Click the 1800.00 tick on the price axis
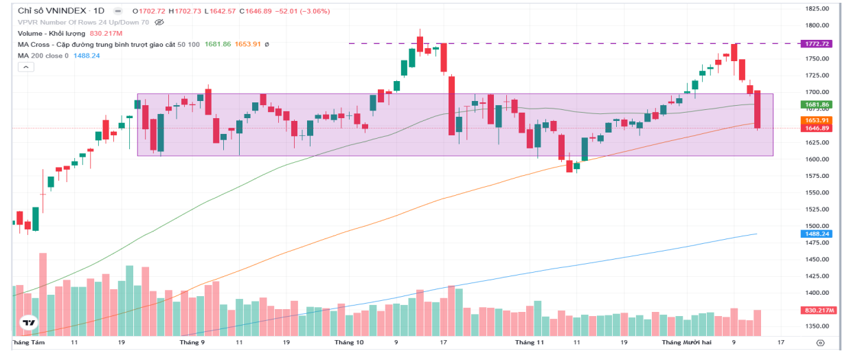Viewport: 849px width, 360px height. (x=817, y=25)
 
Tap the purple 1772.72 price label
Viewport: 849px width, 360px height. (x=816, y=43)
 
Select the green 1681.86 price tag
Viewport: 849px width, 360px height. (x=816, y=104)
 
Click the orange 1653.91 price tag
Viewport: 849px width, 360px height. (x=816, y=120)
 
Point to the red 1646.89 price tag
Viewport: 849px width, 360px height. (x=816, y=128)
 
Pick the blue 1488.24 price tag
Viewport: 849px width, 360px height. (x=816, y=234)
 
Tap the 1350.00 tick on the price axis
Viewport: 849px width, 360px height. (x=817, y=327)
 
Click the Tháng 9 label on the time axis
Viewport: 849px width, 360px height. (x=192, y=341)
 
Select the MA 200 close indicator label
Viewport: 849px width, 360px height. (x=43, y=56)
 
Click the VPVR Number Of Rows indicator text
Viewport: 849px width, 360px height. (x=83, y=22)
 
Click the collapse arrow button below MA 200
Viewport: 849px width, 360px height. (x=26, y=67)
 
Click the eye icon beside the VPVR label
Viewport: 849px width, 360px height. (x=159, y=22)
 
